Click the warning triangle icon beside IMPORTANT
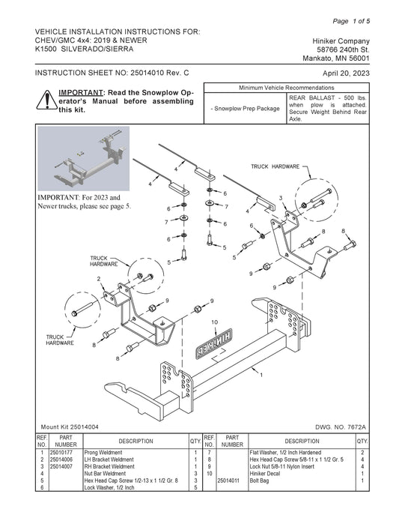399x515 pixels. (x=47, y=100)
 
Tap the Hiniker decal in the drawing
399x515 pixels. (x=214, y=343)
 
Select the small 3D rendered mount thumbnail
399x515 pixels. (x=84, y=158)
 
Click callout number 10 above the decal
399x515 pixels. (x=214, y=322)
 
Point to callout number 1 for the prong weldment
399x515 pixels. (x=261, y=375)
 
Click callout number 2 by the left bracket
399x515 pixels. (x=99, y=279)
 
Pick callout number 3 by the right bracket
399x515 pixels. (x=281, y=198)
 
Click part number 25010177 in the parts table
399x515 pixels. (x=61, y=453)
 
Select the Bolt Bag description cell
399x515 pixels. (x=259, y=481)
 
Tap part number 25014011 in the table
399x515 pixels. (x=228, y=481)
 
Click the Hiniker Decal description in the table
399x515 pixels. (x=265, y=474)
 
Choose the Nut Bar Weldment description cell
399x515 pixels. (x=105, y=474)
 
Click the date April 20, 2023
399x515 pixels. (x=346, y=73)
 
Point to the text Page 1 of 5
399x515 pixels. (x=351, y=21)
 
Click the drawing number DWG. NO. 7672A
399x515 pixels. (x=341, y=427)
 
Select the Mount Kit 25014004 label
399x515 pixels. (x=70, y=427)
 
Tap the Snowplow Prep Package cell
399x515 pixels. (x=246, y=109)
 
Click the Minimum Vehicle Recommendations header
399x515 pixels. (x=287, y=88)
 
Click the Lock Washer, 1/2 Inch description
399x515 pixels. (x=109, y=488)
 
